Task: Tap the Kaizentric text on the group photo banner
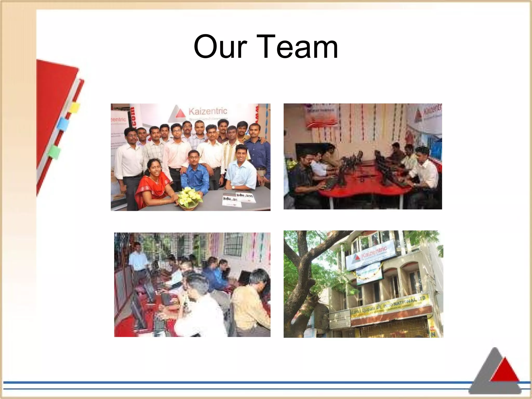point(208,111)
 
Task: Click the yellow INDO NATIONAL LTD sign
point(390,307)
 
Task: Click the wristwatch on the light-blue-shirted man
point(233,187)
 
